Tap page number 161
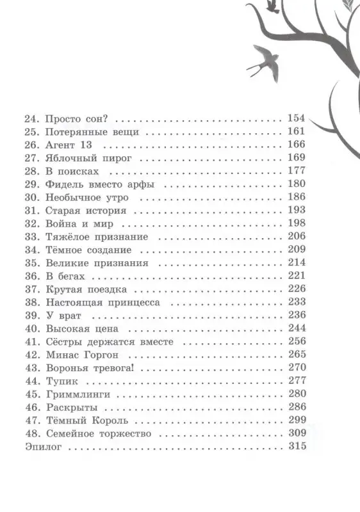coord(295,132)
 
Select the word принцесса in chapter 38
coord(133,301)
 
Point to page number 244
coord(295,328)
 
